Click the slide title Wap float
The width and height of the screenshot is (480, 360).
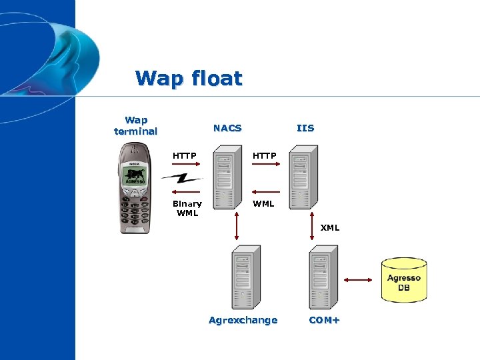pos(189,79)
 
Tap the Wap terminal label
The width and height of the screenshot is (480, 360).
pos(136,125)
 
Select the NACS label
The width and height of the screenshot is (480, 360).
pos(227,128)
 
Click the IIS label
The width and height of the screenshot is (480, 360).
pos(305,128)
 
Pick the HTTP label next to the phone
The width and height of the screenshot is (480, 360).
pos(185,156)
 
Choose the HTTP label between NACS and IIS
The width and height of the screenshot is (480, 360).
pos(264,156)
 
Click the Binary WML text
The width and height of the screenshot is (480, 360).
pos(187,208)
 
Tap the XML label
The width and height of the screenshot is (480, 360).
pos(330,228)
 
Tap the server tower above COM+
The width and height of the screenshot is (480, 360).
pos(323,277)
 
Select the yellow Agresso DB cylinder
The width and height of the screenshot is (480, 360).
pos(404,280)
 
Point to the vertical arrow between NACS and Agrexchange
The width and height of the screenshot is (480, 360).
pos(237,228)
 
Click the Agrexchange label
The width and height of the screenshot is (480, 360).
pos(243,321)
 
